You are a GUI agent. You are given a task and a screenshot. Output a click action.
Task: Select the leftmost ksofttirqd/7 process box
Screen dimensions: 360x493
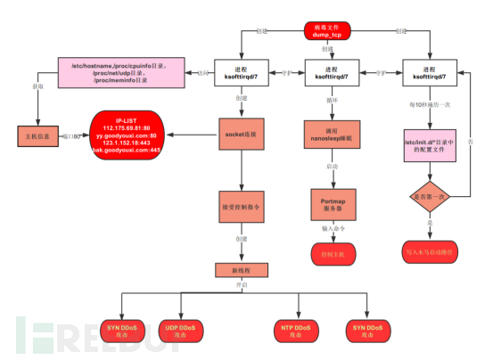239,74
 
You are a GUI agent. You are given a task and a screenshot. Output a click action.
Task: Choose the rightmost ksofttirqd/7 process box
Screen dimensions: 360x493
431,74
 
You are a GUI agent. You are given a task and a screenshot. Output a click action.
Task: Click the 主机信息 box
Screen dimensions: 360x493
37,137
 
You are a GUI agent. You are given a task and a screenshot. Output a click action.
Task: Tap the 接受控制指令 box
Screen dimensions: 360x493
239,206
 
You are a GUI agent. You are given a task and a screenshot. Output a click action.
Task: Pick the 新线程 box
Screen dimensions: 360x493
239,270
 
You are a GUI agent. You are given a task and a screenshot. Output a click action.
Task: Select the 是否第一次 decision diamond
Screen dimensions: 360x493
431,195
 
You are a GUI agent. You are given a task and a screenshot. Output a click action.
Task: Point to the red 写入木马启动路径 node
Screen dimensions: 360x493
431,251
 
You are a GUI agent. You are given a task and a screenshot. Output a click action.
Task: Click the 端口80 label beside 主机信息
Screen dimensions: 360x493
76,136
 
